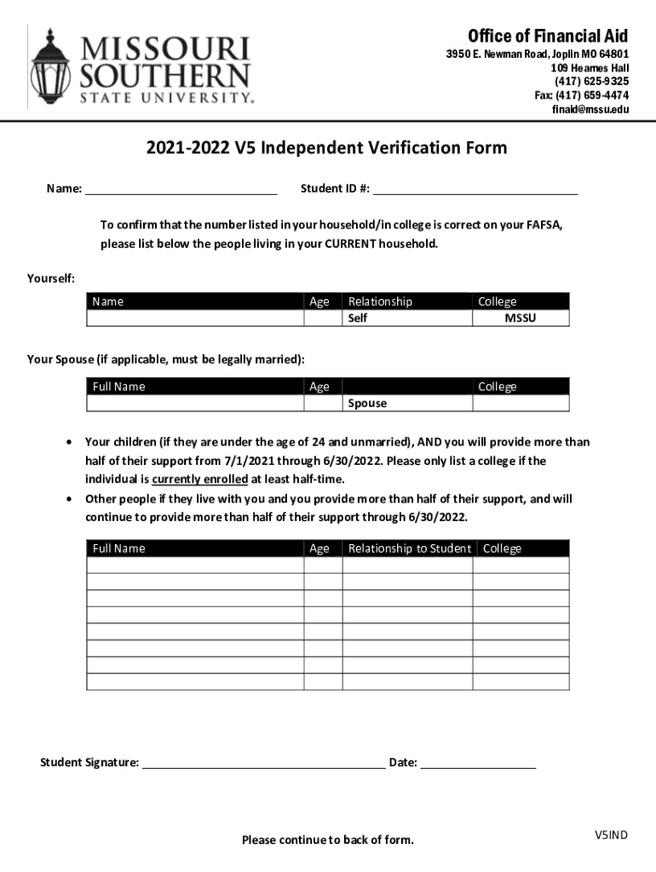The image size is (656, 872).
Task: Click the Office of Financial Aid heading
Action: (547, 36)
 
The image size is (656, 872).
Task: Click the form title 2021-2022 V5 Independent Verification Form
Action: (326, 148)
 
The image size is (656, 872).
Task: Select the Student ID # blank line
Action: (475, 187)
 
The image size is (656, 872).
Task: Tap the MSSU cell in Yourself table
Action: (521, 318)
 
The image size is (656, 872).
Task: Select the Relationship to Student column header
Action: (409, 548)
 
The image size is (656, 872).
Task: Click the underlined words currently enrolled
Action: (200, 479)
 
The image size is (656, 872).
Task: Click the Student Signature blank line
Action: (263, 762)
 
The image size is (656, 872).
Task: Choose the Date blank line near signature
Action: (478, 762)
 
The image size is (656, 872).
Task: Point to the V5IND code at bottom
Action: (611, 835)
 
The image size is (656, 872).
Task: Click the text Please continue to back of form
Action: (328, 840)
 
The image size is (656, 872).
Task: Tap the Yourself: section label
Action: (51, 278)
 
